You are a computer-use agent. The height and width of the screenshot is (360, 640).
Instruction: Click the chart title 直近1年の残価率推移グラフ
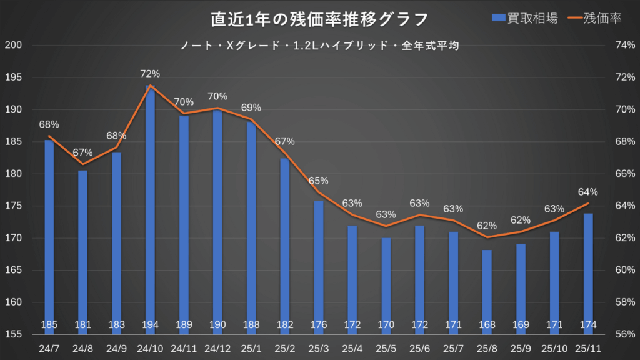coord(319,19)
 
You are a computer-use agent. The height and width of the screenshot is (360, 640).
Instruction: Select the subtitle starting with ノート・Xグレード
coord(319,46)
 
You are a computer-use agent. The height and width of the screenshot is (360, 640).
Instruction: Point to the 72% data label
coord(150,74)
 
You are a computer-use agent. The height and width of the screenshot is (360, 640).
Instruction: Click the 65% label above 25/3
coord(319,181)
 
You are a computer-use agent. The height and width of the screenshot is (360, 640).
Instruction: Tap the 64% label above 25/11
coord(588,192)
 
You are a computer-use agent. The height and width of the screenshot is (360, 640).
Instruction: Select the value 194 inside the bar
coord(150,324)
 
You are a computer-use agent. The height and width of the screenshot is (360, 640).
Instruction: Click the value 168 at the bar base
coord(487,324)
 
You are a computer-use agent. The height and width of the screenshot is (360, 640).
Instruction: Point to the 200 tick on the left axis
coord(13,45)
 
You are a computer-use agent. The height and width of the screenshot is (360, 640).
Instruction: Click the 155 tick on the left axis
coord(13,334)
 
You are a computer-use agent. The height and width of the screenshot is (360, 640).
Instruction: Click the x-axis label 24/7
coord(49,347)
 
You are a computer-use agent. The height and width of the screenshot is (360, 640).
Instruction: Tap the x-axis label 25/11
coord(588,347)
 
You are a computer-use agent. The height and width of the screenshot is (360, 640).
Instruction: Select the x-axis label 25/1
coord(251,347)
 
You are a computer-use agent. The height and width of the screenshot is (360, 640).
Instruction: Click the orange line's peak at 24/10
coord(150,86)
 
